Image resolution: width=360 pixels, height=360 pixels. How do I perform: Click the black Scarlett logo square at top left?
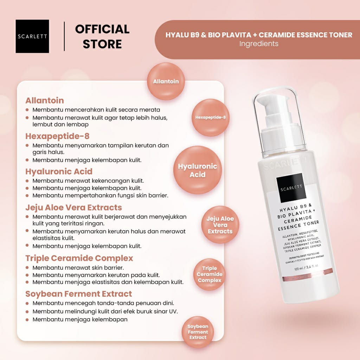[x=32, y=36]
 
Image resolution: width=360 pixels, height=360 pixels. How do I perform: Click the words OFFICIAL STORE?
[x=102, y=37]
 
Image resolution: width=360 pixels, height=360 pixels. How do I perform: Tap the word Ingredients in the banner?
[x=259, y=44]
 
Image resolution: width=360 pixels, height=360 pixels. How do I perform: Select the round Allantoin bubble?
[x=166, y=81]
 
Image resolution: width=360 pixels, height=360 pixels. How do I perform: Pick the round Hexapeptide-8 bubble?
[x=211, y=117]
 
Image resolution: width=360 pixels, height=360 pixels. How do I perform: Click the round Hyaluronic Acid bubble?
[x=198, y=170]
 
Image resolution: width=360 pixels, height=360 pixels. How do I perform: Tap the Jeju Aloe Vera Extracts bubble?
[x=220, y=225]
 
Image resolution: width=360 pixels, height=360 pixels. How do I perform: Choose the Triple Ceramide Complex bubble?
[x=210, y=274]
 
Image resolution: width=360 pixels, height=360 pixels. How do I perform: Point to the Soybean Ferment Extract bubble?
[x=198, y=332]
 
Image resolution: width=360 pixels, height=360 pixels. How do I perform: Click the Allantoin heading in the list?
[x=45, y=100]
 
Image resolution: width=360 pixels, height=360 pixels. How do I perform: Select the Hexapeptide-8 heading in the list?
[x=57, y=136]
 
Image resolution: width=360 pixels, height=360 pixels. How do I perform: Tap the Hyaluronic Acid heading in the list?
[x=59, y=172]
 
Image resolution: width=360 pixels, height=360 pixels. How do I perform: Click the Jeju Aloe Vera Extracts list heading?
[x=74, y=207]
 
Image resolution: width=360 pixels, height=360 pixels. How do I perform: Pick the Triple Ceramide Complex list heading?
[x=79, y=258]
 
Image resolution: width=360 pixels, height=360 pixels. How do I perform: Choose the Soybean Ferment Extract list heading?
[x=79, y=294]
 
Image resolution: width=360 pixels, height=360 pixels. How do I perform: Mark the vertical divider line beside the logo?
[x=64, y=36]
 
